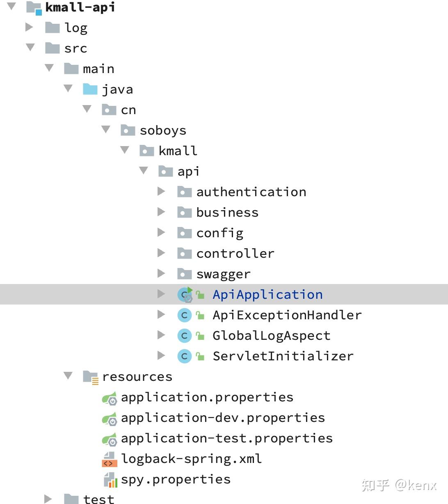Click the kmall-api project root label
(x=80, y=7)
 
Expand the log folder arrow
(x=29, y=27)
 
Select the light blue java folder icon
(x=90, y=89)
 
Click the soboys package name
(x=163, y=131)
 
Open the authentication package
(x=251, y=192)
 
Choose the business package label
(x=227, y=213)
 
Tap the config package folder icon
(x=184, y=233)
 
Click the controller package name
(x=235, y=254)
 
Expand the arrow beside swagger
(x=161, y=273)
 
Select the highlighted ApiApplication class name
(x=267, y=295)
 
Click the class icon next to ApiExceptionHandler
(x=184, y=315)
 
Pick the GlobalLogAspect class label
(x=271, y=336)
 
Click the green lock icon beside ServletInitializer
(x=200, y=356)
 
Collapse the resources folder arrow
(x=68, y=376)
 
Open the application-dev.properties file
(x=223, y=418)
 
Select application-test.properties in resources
(x=226, y=438)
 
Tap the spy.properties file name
(x=176, y=479)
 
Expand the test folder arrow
(x=48, y=499)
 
